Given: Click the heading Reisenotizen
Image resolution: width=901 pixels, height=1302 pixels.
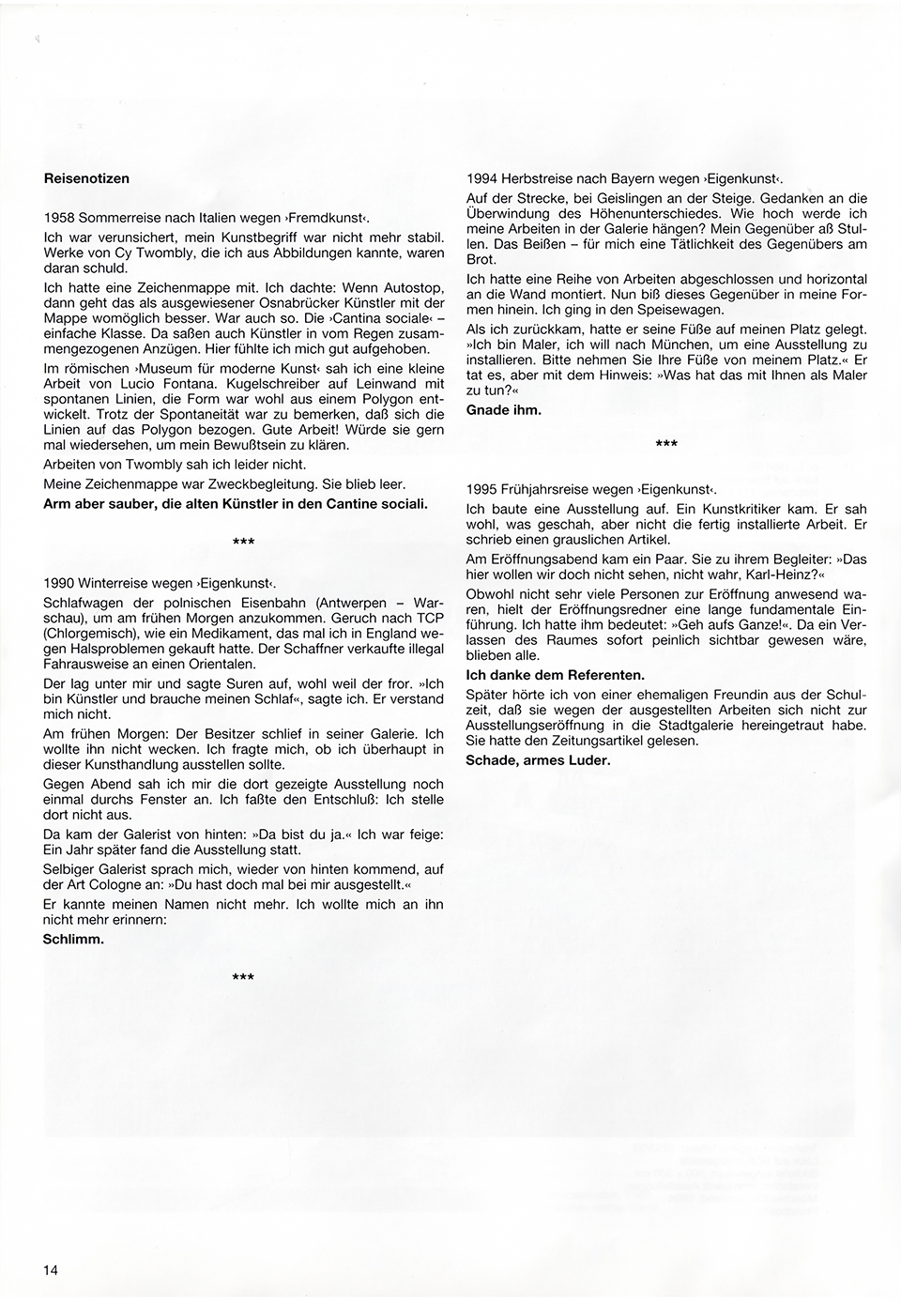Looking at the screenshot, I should coord(86,178).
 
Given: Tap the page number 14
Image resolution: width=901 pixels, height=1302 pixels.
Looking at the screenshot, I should coord(51,1270).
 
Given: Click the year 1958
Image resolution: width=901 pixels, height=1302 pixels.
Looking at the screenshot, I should coord(59,218).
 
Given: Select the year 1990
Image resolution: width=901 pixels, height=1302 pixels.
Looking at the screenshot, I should coord(59,582).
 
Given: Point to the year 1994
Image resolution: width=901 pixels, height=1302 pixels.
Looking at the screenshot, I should coord(481,178).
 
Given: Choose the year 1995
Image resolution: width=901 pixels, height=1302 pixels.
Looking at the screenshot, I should coord(481,489).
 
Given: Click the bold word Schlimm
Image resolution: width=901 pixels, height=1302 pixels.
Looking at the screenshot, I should coord(74,938).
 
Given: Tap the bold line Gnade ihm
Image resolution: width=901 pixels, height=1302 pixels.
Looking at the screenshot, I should coord(503,409).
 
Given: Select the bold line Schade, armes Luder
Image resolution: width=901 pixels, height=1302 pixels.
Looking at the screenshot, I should coord(538,759).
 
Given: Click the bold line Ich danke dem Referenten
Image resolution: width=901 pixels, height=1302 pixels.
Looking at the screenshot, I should coord(555,675).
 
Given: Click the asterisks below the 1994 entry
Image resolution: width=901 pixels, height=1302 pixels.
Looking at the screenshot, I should coord(665,444).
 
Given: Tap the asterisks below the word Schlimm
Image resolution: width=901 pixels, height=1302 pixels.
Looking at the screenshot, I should coord(243,978).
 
